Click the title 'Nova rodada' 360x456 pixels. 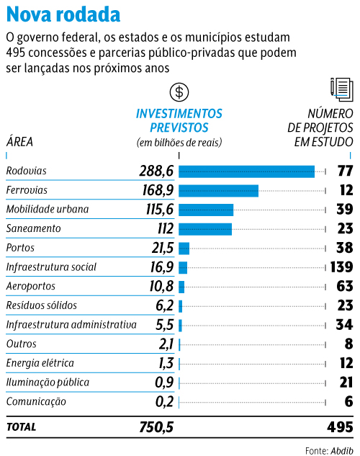63,14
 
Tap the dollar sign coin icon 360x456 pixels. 179,92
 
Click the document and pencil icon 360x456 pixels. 341,89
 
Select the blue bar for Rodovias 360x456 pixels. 246,171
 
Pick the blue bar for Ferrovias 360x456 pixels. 218,190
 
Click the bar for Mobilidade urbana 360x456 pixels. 206,210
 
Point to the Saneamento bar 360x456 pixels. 205,229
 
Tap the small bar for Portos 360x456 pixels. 184,249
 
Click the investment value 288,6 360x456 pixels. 157,171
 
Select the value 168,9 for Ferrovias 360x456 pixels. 157,190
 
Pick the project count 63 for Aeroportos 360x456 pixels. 344,287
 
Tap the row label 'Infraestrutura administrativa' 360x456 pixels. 71,325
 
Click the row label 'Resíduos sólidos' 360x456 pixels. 41,305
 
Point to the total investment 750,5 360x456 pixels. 156,427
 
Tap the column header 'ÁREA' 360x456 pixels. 19,141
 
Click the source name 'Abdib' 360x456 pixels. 341,450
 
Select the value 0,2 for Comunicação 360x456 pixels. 164,402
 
